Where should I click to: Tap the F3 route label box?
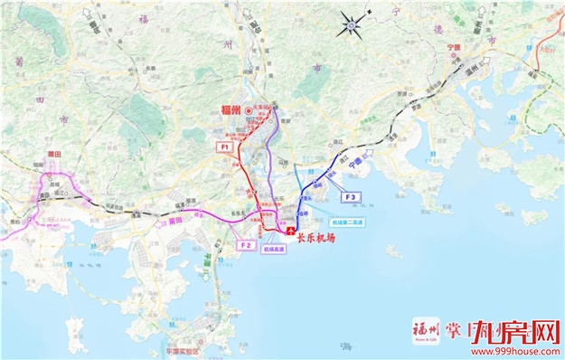(351, 196)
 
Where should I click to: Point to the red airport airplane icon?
(290, 232)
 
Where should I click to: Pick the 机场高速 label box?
(274, 253)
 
